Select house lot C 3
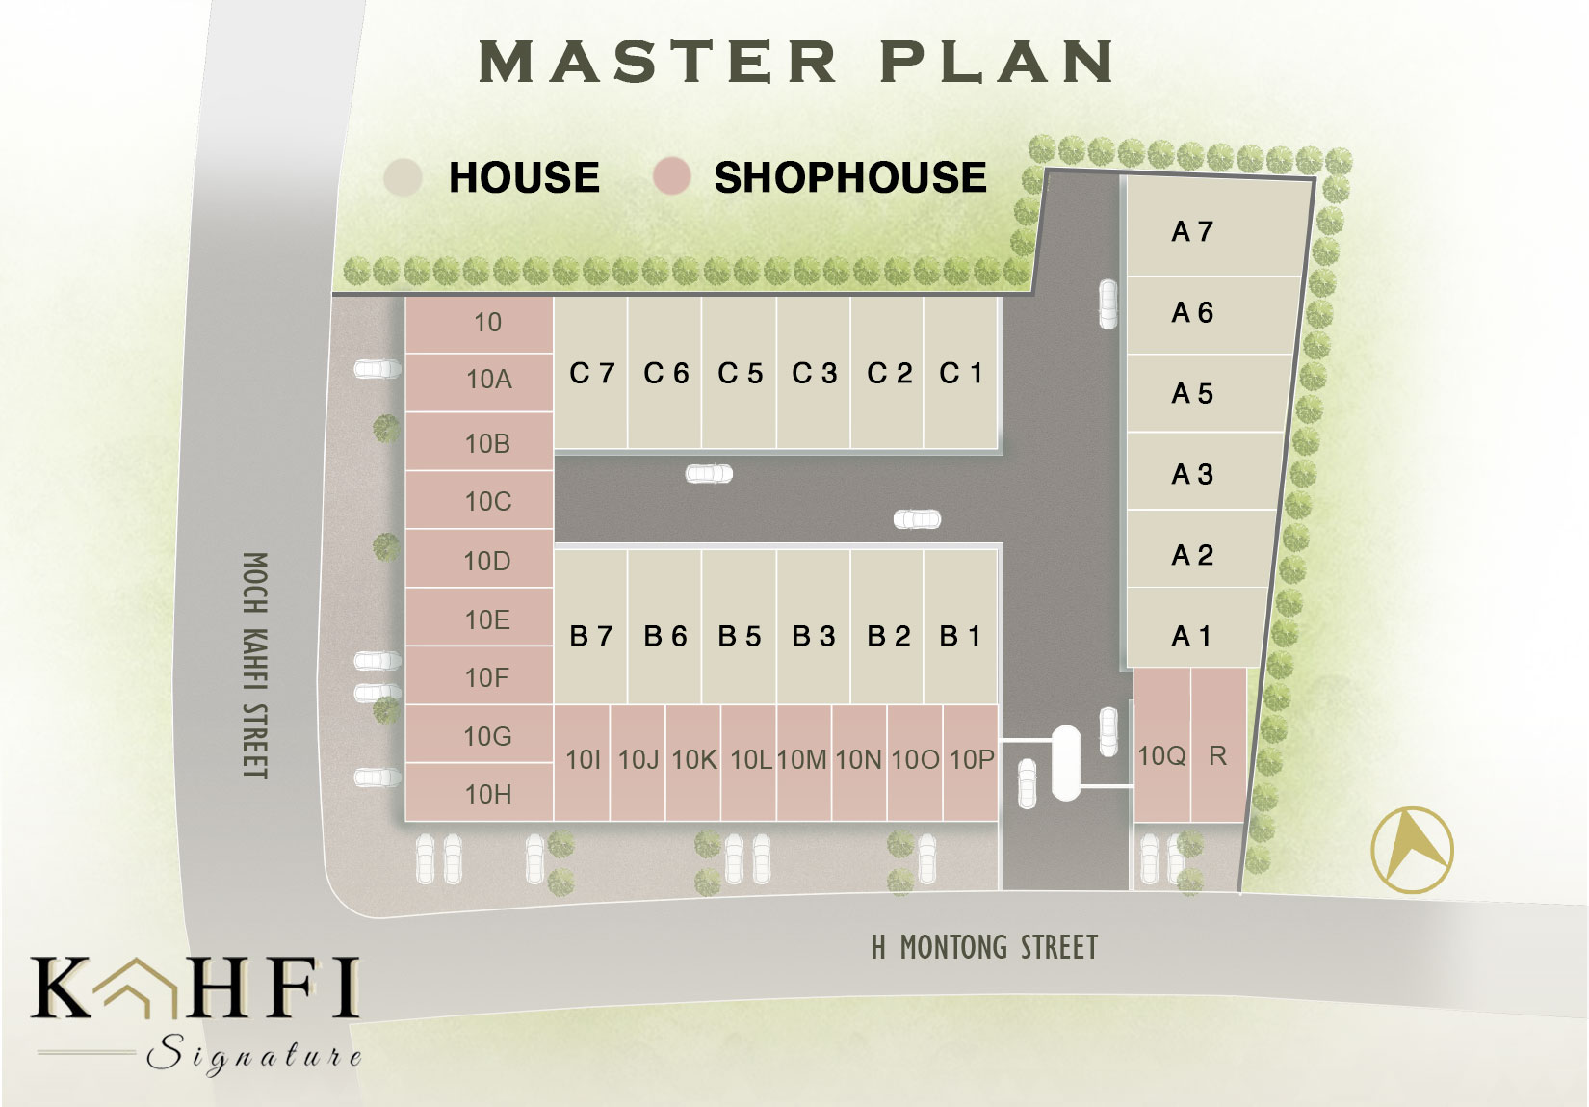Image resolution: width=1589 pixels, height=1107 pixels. (x=813, y=373)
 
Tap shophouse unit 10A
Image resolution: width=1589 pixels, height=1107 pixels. (x=479, y=382)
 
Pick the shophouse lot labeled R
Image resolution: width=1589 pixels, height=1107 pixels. (x=1218, y=745)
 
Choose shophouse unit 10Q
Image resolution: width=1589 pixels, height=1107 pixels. (x=1162, y=745)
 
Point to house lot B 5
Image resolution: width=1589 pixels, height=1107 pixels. (x=739, y=627)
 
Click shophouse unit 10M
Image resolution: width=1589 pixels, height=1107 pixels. (x=803, y=763)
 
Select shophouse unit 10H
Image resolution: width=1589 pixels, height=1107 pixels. (x=479, y=792)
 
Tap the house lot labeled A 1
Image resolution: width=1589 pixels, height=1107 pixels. (x=1195, y=628)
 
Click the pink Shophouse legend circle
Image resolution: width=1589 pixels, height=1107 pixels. (x=672, y=176)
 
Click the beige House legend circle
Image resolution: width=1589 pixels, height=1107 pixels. (x=403, y=176)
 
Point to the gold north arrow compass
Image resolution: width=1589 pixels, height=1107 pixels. (x=1412, y=850)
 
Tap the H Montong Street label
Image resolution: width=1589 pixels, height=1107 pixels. (x=984, y=947)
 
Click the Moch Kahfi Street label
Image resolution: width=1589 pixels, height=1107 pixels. (x=255, y=666)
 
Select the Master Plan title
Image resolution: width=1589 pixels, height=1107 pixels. (x=796, y=61)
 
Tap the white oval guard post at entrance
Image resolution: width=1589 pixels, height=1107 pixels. (x=1065, y=763)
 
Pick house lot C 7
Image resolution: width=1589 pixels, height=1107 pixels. (x=590, y=373)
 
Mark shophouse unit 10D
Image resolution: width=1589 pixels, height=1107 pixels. (x=479, y=559)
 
